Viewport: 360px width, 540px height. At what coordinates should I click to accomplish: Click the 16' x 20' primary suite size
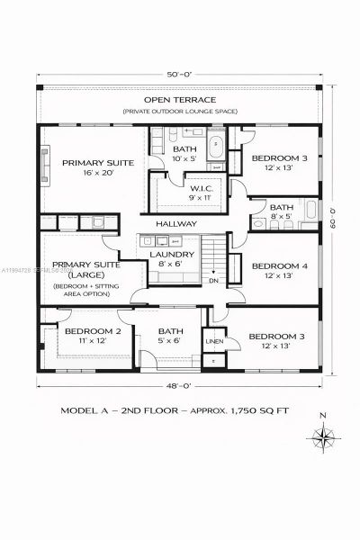pyautogui.click(x=97, y=175)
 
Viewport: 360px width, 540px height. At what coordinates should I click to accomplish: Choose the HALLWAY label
pyautogui.click(x=176, y=224)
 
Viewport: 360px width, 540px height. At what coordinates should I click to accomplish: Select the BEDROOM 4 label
pyautogui.click(x=275, y=266)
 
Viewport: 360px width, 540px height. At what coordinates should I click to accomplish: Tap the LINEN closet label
pyautogui.click(x=214, y=342)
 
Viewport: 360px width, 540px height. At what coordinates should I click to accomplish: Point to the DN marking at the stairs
pyautogui.click(x=214, y=280)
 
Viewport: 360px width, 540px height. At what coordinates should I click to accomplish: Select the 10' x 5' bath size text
pyautogui.click(x=185, y=159)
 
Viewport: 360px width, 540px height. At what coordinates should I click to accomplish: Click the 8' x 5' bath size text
pyautogui.click(x=282, y=217)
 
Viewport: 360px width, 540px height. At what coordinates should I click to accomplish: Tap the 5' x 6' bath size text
pyautogui.click(x=171, y=341)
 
